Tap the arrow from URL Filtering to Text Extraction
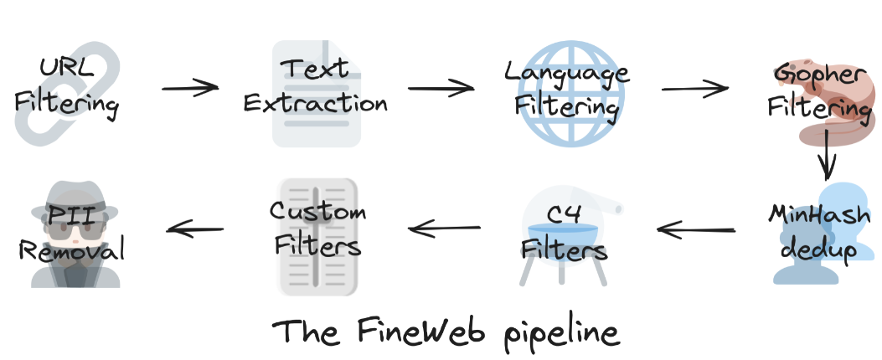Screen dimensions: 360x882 pos(189,87)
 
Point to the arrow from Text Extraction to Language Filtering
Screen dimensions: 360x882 pos(441,87)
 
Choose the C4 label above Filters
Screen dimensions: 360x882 pos(563,213)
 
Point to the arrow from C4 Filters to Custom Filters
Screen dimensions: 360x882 pos(445,225)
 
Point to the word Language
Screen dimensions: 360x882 pos(566,72)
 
